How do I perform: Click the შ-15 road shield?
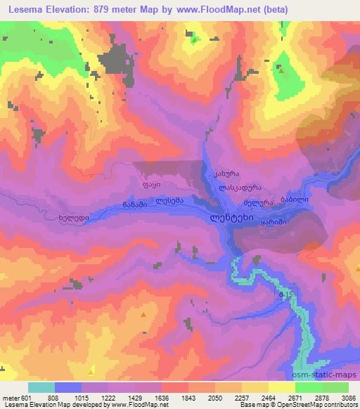tap(285, 294)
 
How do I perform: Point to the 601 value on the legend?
tap(26, 398)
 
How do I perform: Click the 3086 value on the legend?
tap(348, 398)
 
